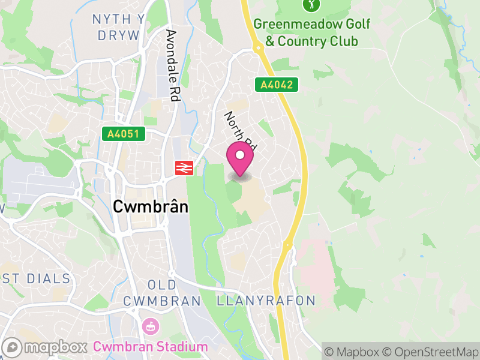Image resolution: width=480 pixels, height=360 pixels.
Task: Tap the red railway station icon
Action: tap(184, 168)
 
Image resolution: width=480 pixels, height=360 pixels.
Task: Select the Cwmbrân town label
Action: tap(151, 207)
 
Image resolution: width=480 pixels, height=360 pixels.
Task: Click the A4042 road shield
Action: tap(277, 85)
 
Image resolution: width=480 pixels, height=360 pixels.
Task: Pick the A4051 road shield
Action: tap(124, 134)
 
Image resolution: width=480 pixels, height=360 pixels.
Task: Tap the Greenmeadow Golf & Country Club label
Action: tap(311, 32)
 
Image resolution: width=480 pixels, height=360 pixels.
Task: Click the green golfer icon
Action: tap(311, 5)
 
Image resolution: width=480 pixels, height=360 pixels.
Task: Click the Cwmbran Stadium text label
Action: tap(150, 347)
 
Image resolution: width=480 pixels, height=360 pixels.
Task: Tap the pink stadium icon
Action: tap(150, 327)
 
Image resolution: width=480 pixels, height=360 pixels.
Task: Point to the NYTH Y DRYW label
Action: tap(118, 27)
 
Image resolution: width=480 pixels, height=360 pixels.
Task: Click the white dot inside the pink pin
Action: tap(240, 155)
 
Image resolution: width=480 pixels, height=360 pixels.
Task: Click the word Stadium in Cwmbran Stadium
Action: tap(178, 347)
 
